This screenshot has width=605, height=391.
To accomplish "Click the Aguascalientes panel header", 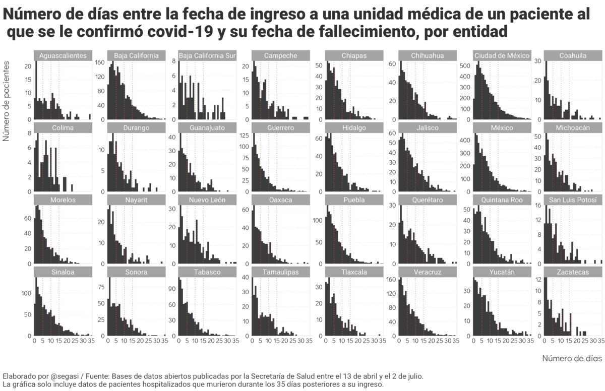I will [x=63, y=55].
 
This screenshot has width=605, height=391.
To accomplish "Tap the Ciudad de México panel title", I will [x=502, y=55].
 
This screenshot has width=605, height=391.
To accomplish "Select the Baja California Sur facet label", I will [x=209, y=55].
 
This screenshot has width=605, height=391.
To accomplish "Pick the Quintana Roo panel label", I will [x=502, y=200].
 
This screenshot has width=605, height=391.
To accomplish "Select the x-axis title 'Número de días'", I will [x=572, y=358].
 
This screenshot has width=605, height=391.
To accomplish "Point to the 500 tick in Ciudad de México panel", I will [x=464, y=66].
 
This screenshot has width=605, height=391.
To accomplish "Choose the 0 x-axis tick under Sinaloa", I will [x=34, y=341].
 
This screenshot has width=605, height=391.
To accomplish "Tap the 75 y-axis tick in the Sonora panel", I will [x=101, y=287].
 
